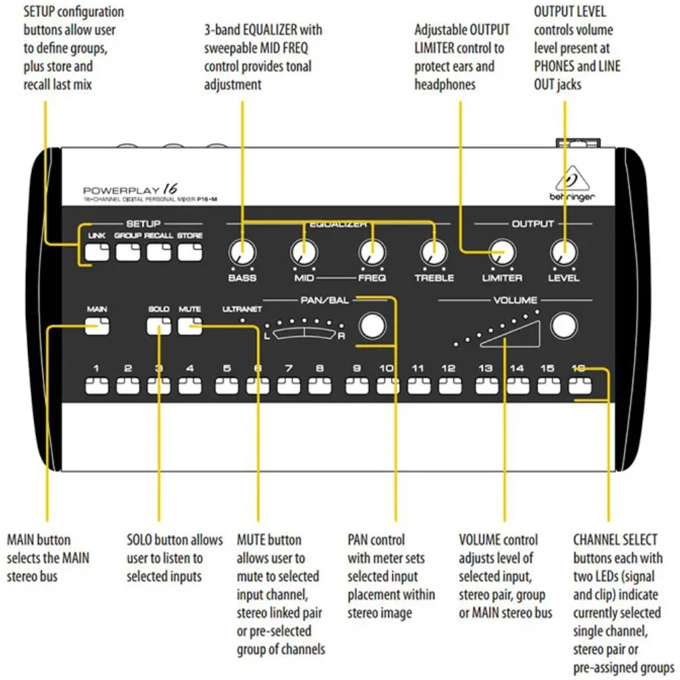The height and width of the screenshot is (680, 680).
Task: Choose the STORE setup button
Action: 190,252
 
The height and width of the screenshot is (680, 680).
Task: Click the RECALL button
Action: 158,252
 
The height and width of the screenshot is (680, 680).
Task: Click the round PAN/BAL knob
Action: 371,326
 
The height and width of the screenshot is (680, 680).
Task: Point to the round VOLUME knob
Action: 563,326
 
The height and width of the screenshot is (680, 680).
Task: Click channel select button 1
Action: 97,387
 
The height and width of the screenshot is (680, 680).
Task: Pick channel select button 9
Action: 357,387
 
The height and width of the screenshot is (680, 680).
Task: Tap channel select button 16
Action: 579,387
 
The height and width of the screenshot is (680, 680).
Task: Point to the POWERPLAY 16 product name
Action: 130,190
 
